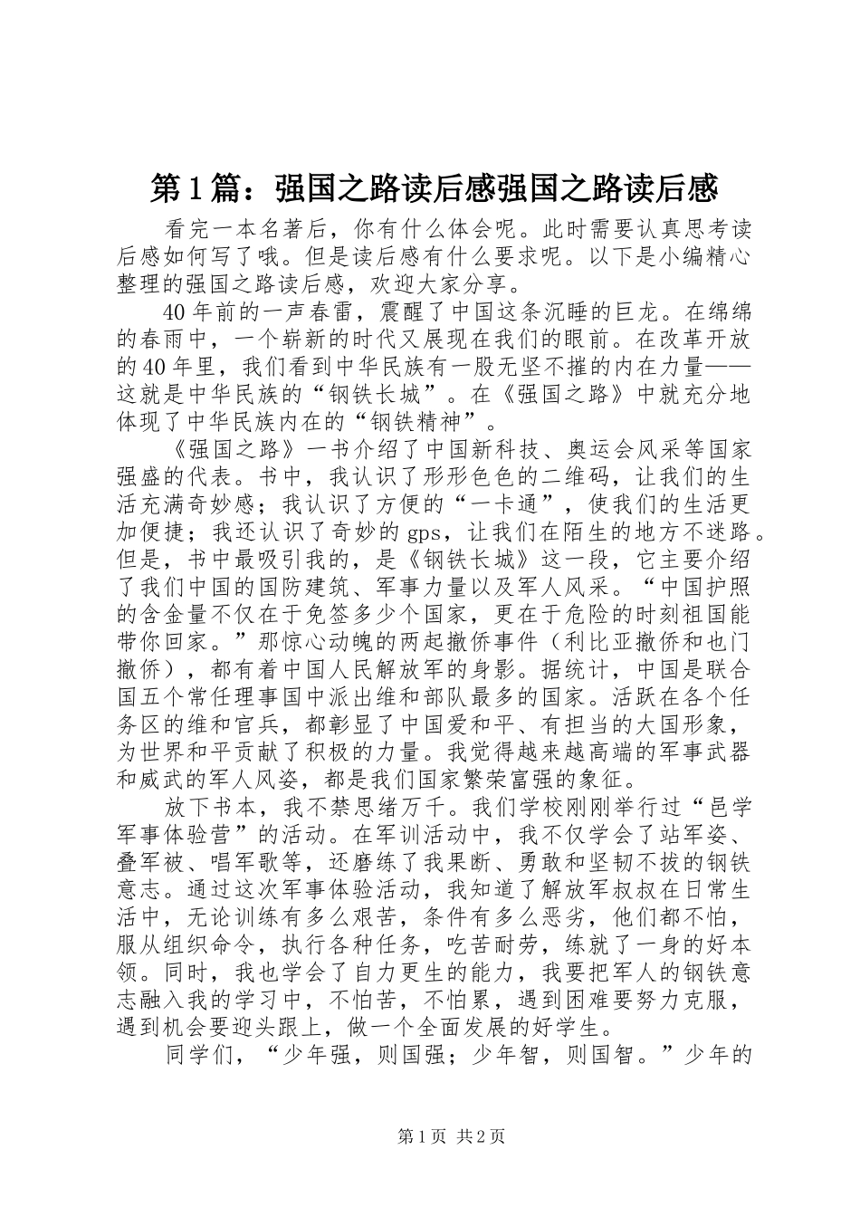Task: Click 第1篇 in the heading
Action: [x=189, y=188]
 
